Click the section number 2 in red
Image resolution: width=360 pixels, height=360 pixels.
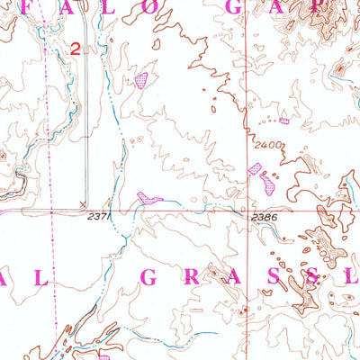tap(75, 52)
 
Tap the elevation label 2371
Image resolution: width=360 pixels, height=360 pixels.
tap(100, 217)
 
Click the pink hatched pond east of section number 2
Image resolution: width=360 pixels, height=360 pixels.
tap(140, 80)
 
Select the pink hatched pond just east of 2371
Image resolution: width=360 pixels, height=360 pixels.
tap(147, 197)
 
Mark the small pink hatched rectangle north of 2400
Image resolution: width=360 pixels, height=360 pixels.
tap(284, 121)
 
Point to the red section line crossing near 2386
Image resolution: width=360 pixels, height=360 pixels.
tap(246, 211)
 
